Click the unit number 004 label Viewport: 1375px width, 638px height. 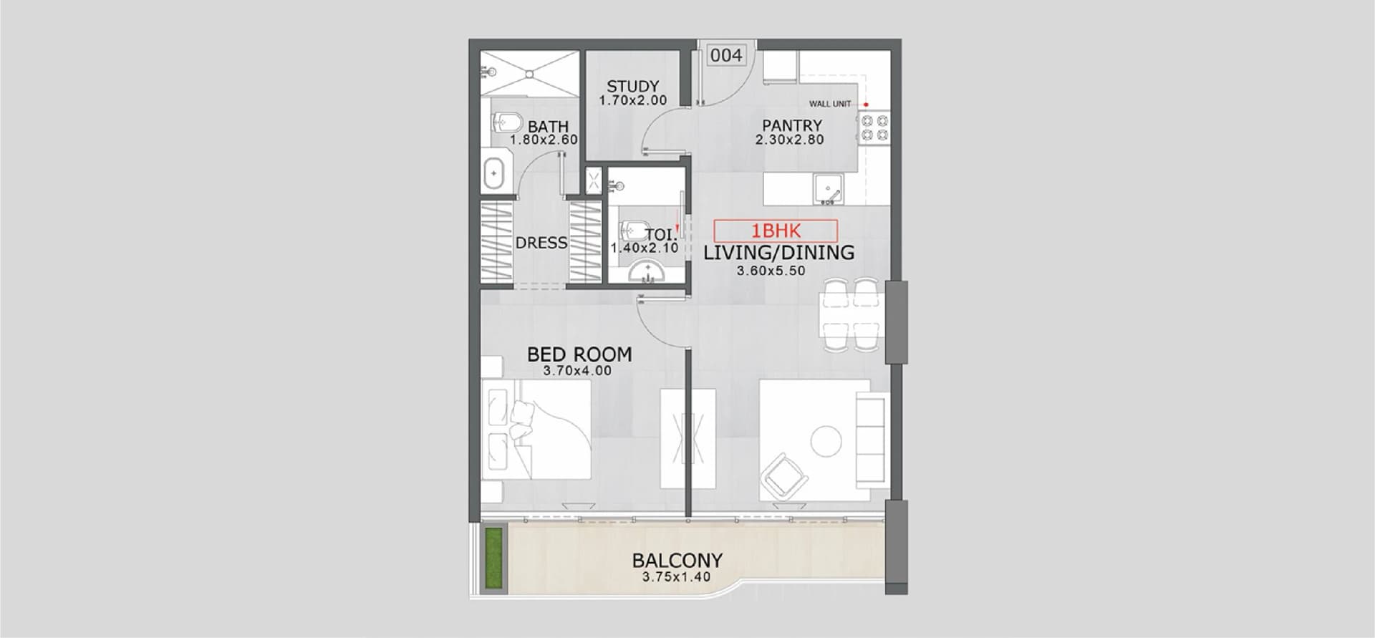click(726, 55)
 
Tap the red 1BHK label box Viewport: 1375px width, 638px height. click(776, 231)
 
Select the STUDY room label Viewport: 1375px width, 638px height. click(632, 87)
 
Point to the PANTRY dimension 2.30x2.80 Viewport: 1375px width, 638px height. click(790, 140)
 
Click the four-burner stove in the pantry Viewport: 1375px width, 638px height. click(874, 127)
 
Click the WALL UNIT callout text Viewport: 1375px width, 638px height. click(830, 104)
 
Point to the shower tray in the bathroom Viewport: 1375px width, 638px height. click(529, 72)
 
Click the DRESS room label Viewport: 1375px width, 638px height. click(541, 243)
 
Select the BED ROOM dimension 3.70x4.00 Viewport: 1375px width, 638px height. click(577, 371)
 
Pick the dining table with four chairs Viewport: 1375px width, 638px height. click(851, 314)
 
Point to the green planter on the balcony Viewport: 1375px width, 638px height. click(493, 559)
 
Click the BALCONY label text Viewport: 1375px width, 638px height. click(677, 560)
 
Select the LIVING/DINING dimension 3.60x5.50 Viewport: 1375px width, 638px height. click(771, 271)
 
